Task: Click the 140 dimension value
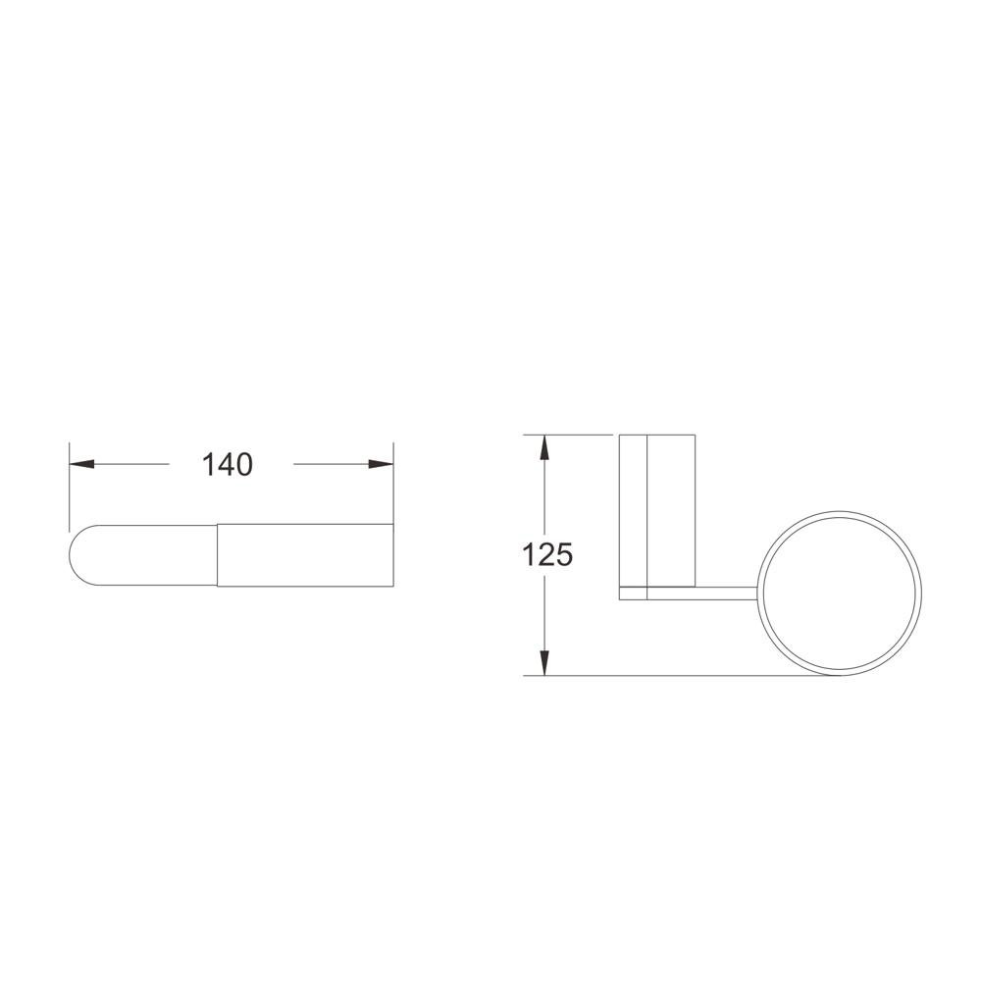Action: [x=228, y=464]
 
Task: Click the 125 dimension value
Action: [x=547, y=554]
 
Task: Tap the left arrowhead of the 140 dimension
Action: [x=81, y=464]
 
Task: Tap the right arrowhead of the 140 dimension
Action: [x=381, y=464]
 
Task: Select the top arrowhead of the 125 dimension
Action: [x=544, y=446]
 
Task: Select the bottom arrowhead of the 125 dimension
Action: [x=544, y=663]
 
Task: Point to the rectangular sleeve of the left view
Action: [x=305, y=555]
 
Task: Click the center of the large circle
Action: [x=841, y=594]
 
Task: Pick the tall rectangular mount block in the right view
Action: [x=657, y=510]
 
